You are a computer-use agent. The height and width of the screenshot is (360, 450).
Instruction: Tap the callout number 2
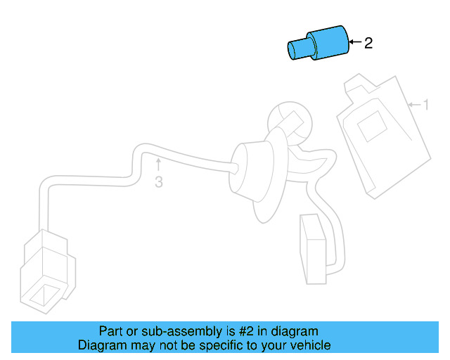(368, 44)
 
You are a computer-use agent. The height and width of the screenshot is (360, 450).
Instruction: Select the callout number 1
(425, 105)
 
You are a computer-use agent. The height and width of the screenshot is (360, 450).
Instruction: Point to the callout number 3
(159, 183)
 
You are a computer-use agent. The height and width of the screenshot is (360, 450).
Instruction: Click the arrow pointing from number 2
(355, 43)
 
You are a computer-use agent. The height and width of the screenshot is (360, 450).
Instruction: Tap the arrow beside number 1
(414, 105)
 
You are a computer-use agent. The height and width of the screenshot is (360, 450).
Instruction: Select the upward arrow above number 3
(159, 165)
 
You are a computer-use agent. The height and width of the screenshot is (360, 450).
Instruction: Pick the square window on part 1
(370, 129)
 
